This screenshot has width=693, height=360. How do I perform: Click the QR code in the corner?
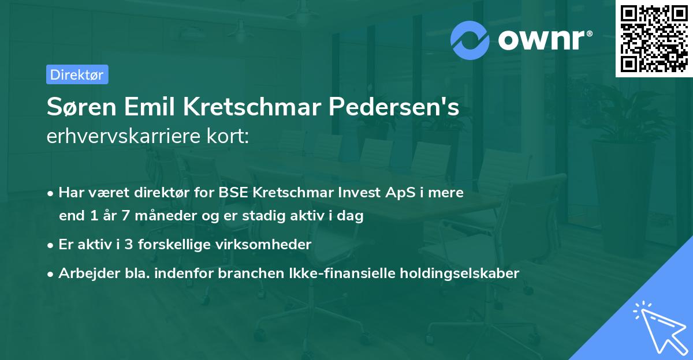[x=654, y=38]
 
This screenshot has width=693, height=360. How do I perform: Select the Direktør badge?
[x=77, y=74]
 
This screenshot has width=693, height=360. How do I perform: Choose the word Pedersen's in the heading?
[x=394, y=107]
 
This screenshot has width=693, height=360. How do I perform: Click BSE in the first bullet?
[x=234, y=192]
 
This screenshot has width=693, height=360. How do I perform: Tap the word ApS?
[x=397, y=192]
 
